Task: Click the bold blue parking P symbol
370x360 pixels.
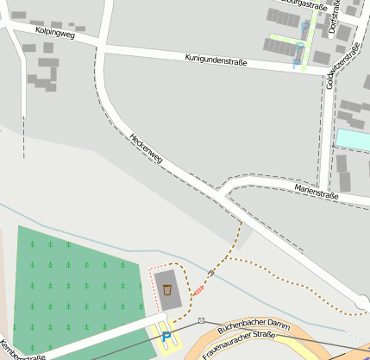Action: (x=166, y=337)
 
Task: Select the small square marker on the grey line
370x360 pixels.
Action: (x=201, y=319)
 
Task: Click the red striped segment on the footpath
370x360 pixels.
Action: (x=199, y=289)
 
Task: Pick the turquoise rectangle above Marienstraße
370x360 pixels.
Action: (x=353, y=138)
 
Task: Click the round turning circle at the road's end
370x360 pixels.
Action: (x=363, y=302)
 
